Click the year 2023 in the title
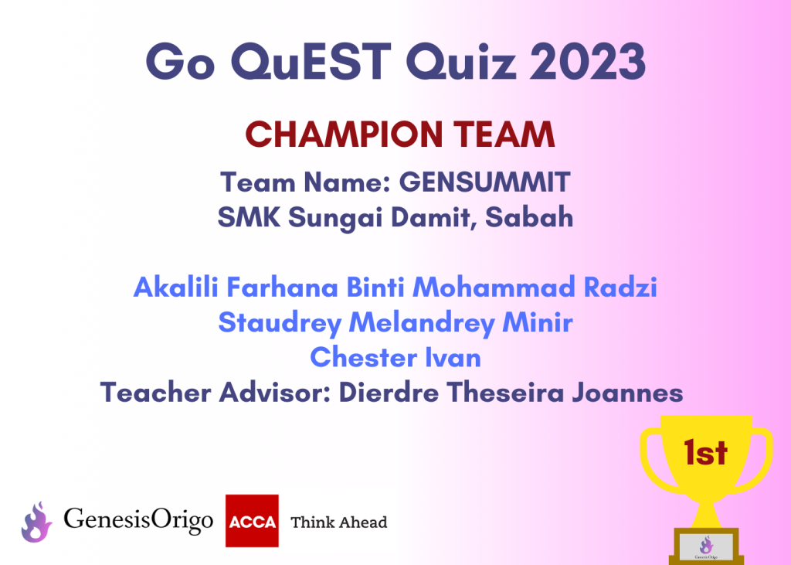click(588, 61)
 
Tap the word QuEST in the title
click(311, 62)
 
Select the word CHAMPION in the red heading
click(344, 134)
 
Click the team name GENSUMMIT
click(485, 182)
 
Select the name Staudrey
click(280, 323)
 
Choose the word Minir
click(538, 322)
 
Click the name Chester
click(364, 358)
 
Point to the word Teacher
click(156, 393)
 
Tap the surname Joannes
click(627, 393)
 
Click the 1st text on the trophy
click(706, 452)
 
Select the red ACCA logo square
click(252, 521)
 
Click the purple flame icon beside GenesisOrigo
click(36, 522)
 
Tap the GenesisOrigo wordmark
click(138, 520)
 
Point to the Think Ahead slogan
click(339, 522)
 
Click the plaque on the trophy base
click(706, 547)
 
